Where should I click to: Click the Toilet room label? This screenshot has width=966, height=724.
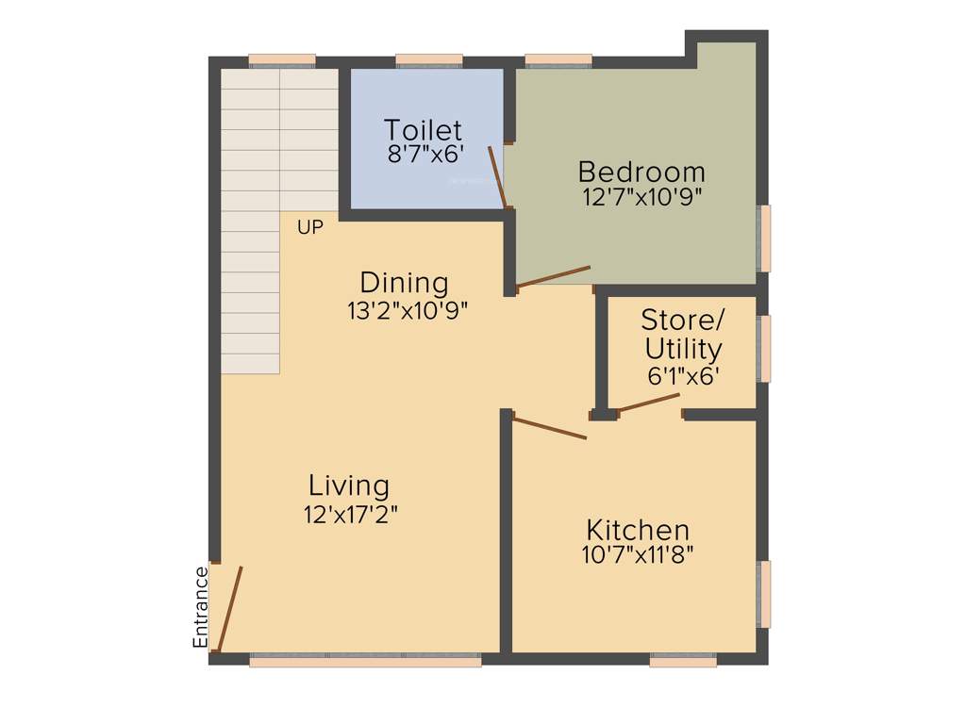tap(423, 129)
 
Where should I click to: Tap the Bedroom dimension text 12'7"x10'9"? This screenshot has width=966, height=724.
tap(641, 197)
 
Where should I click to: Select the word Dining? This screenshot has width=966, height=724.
tap(404, 282)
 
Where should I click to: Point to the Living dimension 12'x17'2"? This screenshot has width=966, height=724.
tap(349, 514)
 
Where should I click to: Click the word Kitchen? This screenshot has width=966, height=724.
tap(638, 529)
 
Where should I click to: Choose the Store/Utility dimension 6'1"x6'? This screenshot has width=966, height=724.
tap(683, 376)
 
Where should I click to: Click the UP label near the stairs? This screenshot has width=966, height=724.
tap(310, 227)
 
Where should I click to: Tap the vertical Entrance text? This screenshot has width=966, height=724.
tap(200, 606)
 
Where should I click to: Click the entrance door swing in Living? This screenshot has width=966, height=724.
tap(229, 608)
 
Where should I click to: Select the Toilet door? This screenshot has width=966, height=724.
tap(499, 176)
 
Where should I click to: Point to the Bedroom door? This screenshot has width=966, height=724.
tap(553, 276)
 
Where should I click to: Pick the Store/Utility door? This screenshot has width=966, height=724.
tap(649, 403)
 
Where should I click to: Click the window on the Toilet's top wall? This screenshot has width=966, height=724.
tap(429, 61)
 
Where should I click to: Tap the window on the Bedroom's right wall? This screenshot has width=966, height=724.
tap(765, 238)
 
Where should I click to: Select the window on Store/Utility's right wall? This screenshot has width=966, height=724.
tap(765, 348)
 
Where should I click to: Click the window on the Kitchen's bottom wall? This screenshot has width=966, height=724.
tap(683, 661)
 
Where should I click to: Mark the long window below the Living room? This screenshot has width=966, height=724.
tap(365, 661)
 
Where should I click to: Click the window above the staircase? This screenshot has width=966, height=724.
tap(282, 61)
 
